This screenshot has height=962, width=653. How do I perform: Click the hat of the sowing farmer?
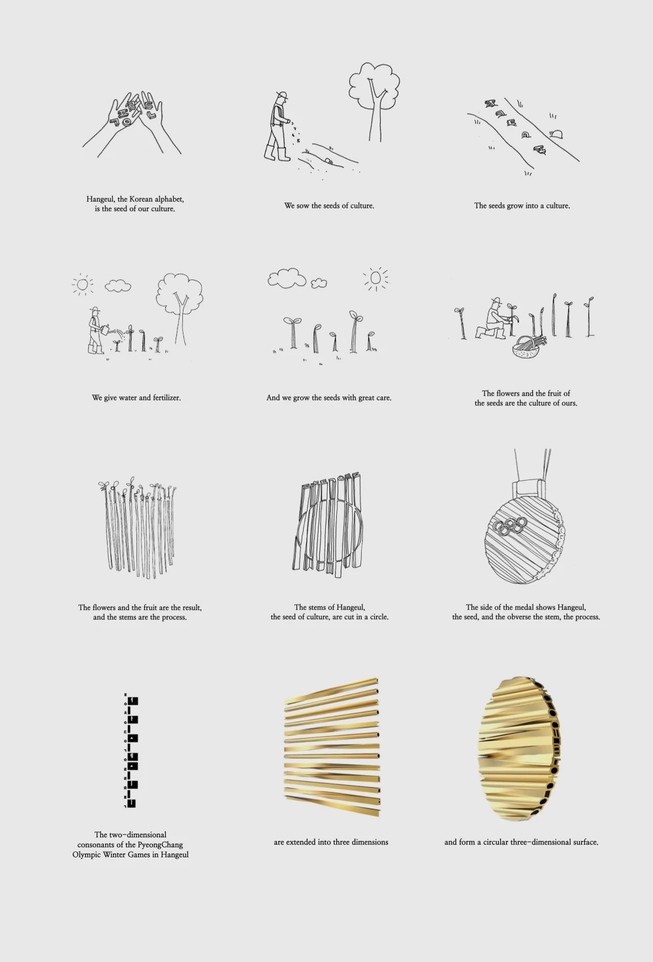(282, 95)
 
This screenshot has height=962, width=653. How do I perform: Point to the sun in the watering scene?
(83, 284)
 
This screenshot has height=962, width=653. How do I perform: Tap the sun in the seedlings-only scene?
(375, 278)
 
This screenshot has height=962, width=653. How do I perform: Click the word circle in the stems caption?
(378, 617)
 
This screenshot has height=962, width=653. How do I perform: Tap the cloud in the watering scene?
(118, 285)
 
